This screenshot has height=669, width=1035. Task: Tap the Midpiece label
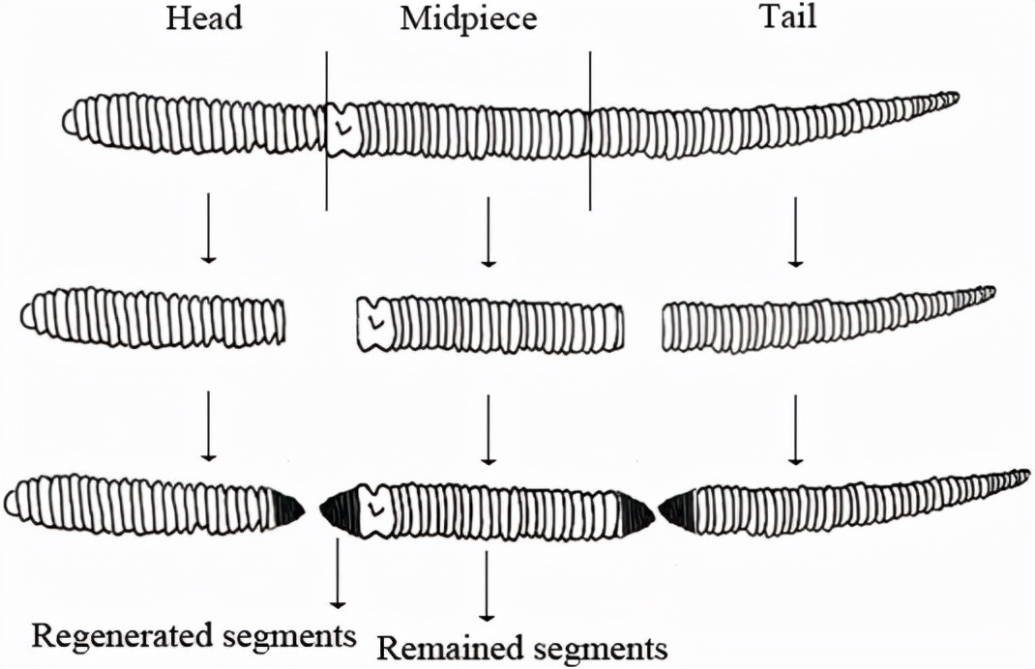(x=468, y=18)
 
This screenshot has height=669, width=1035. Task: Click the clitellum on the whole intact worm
(x=341, y=130)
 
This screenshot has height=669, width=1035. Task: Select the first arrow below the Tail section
(x=795, y=231)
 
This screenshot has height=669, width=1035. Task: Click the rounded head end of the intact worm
(x=70, y=122)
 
